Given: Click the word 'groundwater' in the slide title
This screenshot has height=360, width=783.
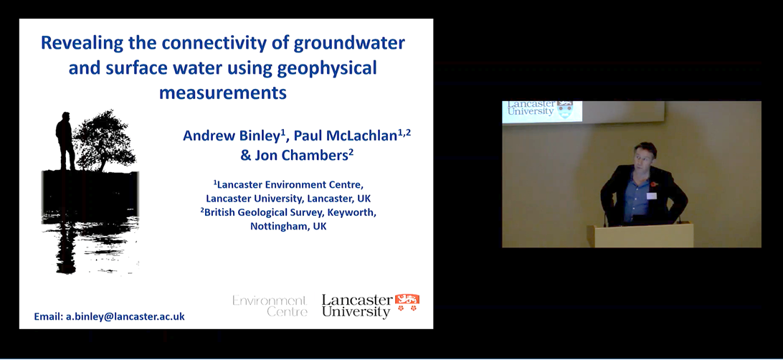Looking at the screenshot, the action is coord(349,44).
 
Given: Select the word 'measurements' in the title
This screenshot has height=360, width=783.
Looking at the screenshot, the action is coord(223,93).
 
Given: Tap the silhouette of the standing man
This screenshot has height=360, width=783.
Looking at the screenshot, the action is coord(65,141).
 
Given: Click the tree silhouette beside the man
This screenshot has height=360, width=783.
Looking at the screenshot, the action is coord(105,141).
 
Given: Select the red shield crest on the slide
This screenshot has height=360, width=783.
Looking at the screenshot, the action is coord(407,303).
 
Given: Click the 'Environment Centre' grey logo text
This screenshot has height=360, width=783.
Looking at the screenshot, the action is coord(270,306).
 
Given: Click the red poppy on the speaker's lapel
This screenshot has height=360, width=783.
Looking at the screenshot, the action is coord(654,184).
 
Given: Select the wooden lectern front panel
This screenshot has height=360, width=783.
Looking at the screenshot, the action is coord(640,235).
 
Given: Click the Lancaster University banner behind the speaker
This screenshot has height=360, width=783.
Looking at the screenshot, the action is coord(542,112).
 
